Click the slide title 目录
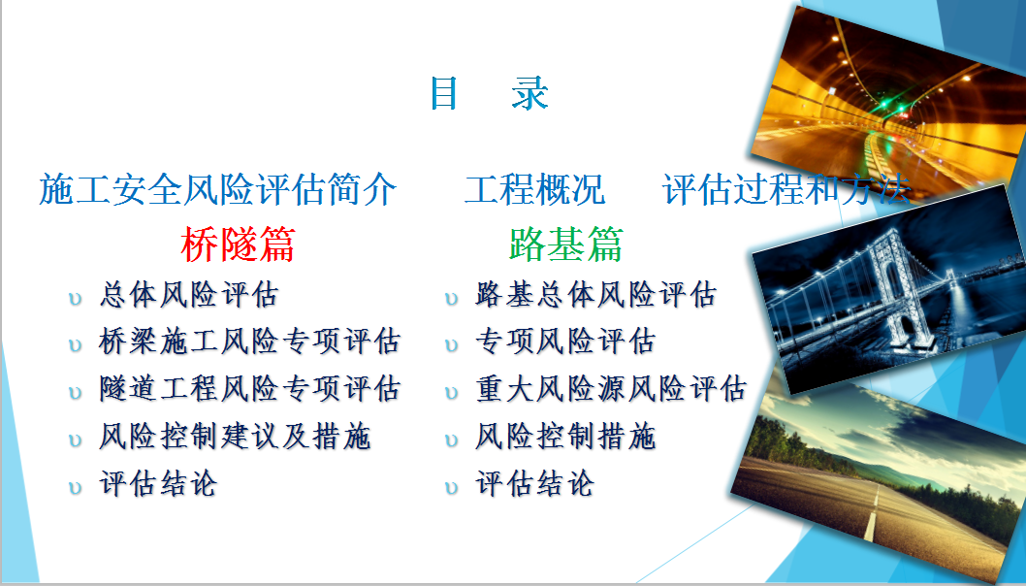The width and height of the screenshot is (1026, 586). pyautogui.click(x=489, y=93)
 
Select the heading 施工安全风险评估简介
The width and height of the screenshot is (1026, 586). pyautogui.click(x=218, y=189)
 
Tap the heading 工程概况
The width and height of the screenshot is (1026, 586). pyautogui.click(x=534, y=189)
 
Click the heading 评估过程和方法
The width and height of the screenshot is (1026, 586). pyautogui.click(x=786, y=189)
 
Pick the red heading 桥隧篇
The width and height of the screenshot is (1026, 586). pyautogui.click(x=239, y=244)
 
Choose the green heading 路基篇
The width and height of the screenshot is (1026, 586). pyautogui.click(x=566, y=244)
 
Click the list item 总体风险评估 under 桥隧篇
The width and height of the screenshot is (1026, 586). pyautogui.click(x=189, y=295)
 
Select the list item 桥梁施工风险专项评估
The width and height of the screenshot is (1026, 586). pyautogui.click(x=250, y=342)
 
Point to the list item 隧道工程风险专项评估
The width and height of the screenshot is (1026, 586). pyautogui.click(x=250, y=389)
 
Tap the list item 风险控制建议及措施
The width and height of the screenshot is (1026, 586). pyautogui.click(x=235, y=437)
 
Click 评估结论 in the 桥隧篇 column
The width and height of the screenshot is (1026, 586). pyautogui.click(x=158, y=484)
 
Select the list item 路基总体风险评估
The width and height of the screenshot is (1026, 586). pyautogui.click(x=596, y=295)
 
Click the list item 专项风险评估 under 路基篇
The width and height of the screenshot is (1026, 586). pyautogui.click(x=565, y=342)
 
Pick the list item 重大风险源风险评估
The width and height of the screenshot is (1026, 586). pyautogui.click(x=611, y=389)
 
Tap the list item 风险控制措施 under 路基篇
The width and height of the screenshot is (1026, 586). pyautogui.click(x=565, y=437)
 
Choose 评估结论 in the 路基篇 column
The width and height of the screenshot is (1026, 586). pyautogui.click(x=534, y=484)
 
